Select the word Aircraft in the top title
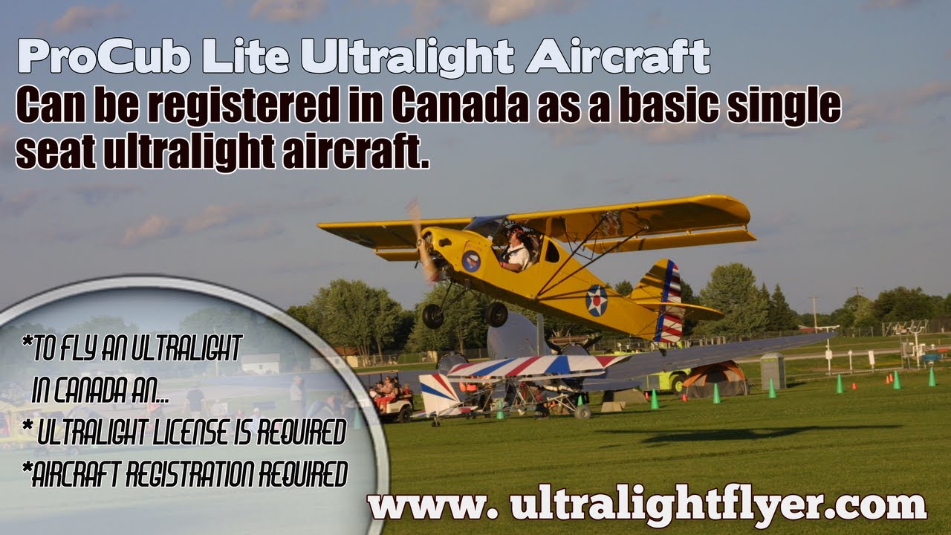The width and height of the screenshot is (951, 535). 617,57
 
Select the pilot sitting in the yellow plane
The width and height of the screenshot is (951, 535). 516,249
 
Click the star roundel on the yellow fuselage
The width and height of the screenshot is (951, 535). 596,300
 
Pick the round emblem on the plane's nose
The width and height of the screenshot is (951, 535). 471,261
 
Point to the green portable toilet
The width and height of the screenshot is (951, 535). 773,371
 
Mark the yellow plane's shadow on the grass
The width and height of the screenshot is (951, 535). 743,434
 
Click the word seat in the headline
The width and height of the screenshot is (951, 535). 55,153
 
